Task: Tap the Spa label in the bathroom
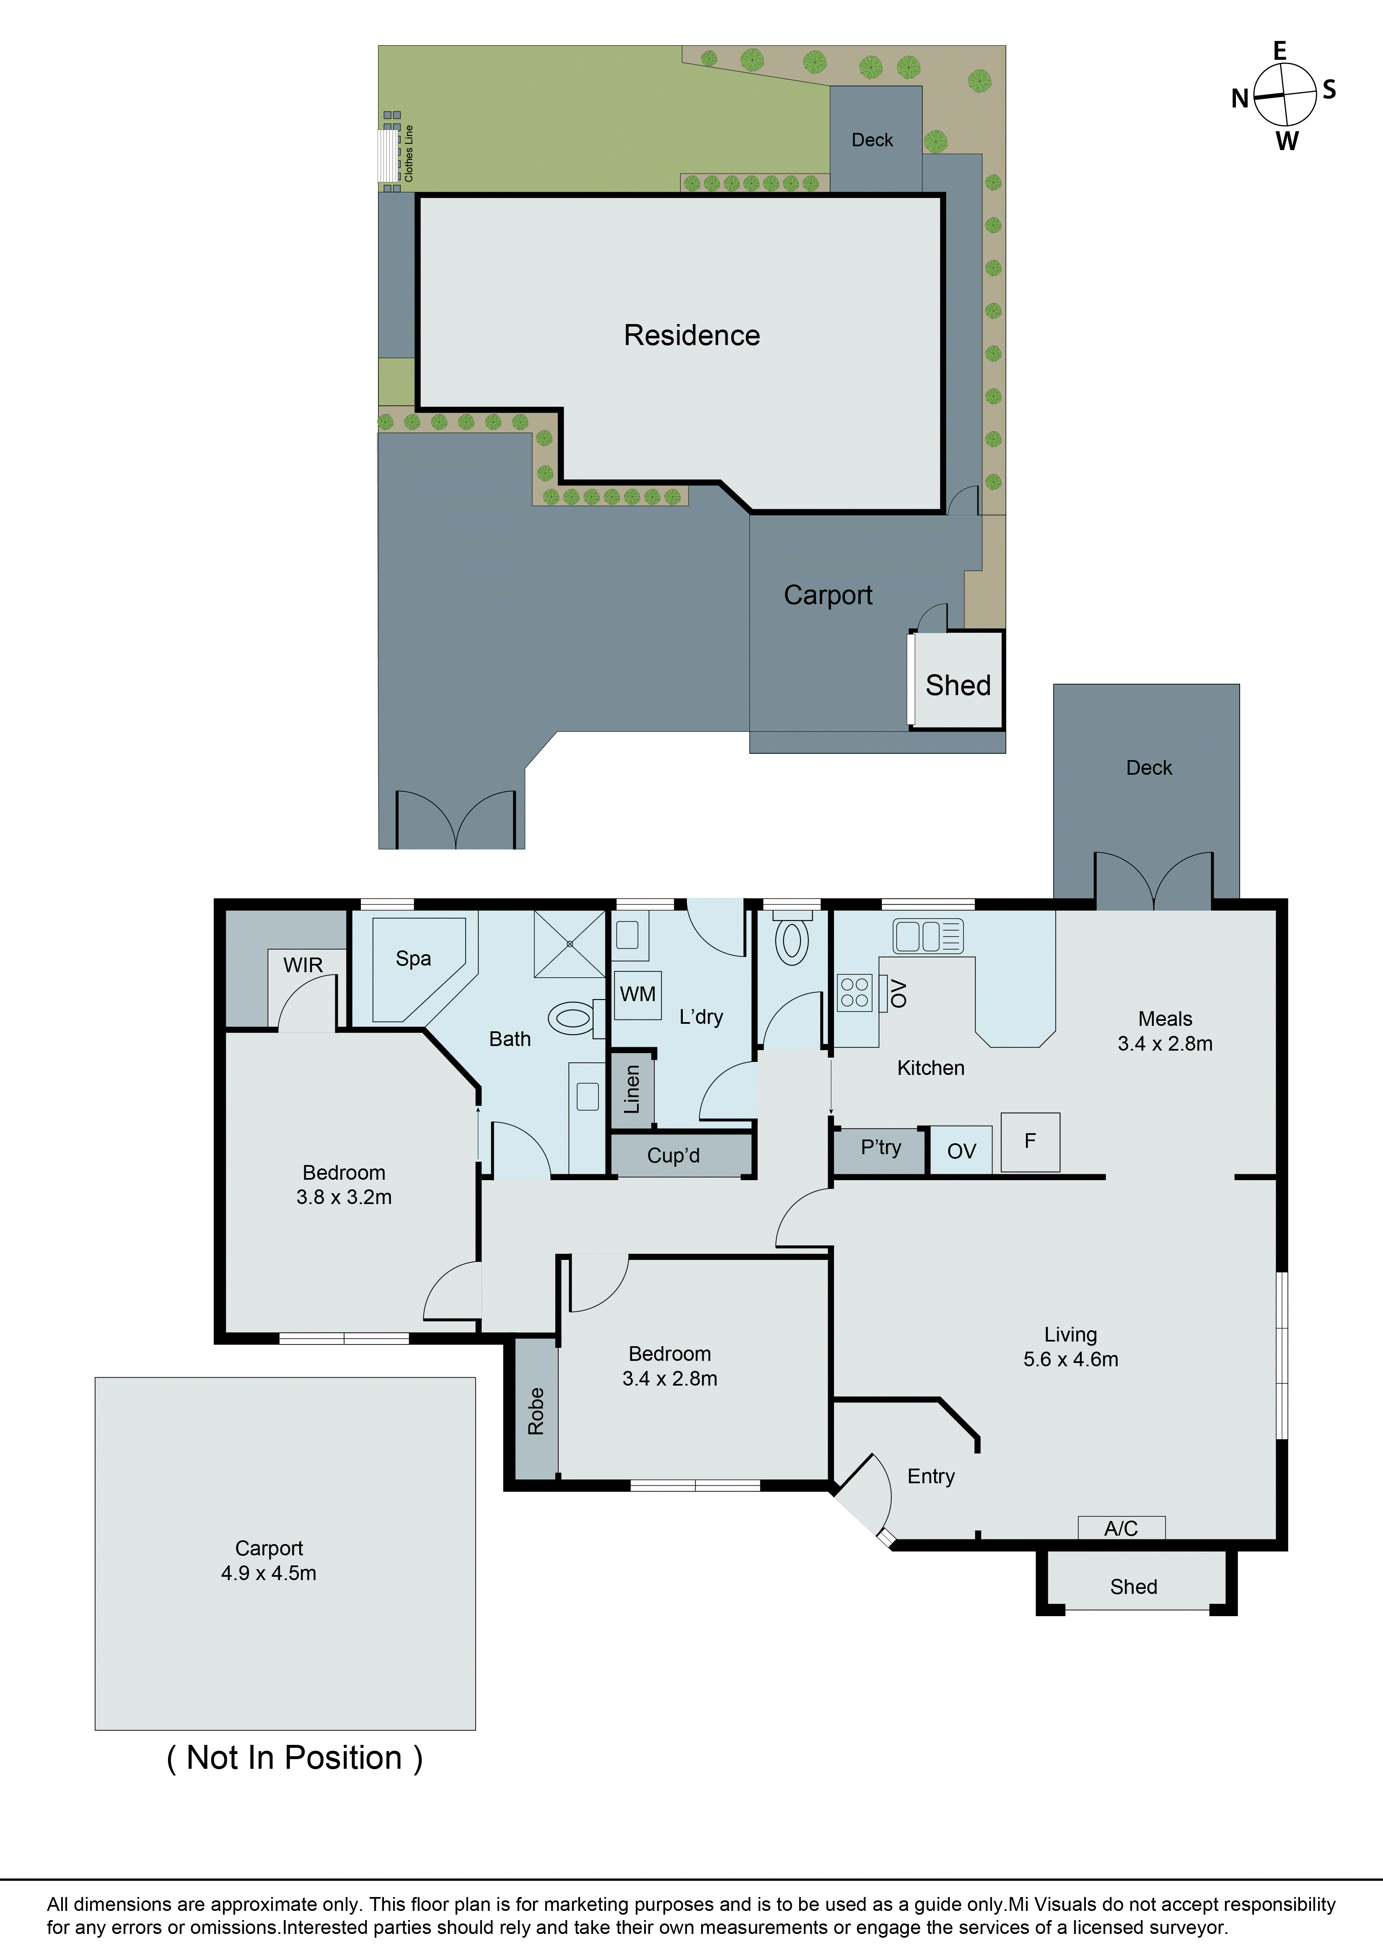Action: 413,959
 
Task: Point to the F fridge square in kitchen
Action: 1030,1141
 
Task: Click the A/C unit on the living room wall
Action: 1121,1528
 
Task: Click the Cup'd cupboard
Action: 673,1156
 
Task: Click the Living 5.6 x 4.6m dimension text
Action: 1070,1360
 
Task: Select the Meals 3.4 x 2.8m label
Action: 1165,1031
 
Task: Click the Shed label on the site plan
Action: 958,685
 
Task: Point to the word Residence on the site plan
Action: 691,335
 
